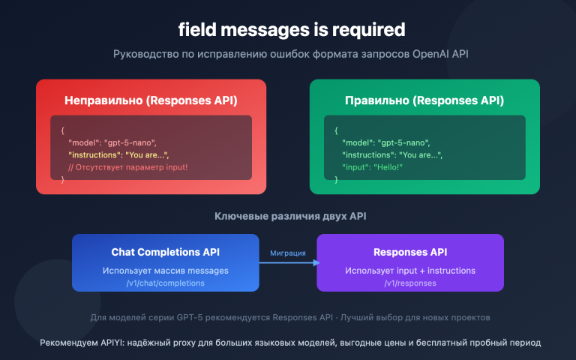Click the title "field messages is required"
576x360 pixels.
tap(291, 30)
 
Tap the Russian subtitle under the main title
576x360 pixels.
tap(291, 55)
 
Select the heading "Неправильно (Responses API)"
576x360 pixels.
tap(151, 100)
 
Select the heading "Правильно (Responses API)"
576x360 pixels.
tap(424, 100)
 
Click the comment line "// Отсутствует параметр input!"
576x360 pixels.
tap(127, 166)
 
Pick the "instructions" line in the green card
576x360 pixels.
tap(391, 154)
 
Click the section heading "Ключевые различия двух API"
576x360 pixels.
tap(292, 217)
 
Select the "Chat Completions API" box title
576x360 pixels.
tap(166, 253)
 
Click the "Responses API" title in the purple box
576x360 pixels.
tap(410, 253)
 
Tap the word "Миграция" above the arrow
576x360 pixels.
tap(288, 253)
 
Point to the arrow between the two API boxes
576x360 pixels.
tap(288, 262)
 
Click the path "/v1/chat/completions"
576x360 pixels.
tap(166, 283)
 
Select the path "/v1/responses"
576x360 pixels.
tap(410, 283)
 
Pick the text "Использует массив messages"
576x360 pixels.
tap(166, 270)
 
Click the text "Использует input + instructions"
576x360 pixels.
tap(410, 270)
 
